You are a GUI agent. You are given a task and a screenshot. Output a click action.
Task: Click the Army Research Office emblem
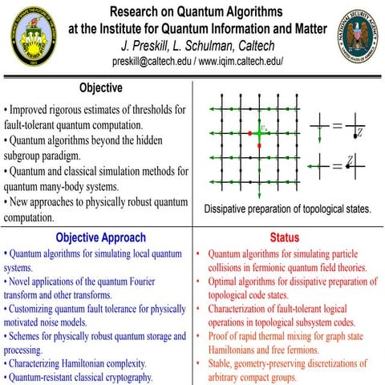pyautogui.click(x=29, y=36)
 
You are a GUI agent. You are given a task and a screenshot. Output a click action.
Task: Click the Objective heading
pyautogui.click(x=100, y=87)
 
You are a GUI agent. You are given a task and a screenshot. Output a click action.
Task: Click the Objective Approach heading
pyautogui.click(x=99, y=237)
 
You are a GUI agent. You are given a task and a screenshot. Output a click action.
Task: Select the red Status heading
pyautogui.click(x=285, y=237)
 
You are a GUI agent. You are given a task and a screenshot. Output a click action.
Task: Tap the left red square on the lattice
pyautogui.click(x=249, y=132)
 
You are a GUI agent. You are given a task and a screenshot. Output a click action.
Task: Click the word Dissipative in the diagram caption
pyautogui.click(x=229, y=209)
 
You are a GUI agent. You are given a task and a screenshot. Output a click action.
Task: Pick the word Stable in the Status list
pyautogui.click(x=222, y=363)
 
